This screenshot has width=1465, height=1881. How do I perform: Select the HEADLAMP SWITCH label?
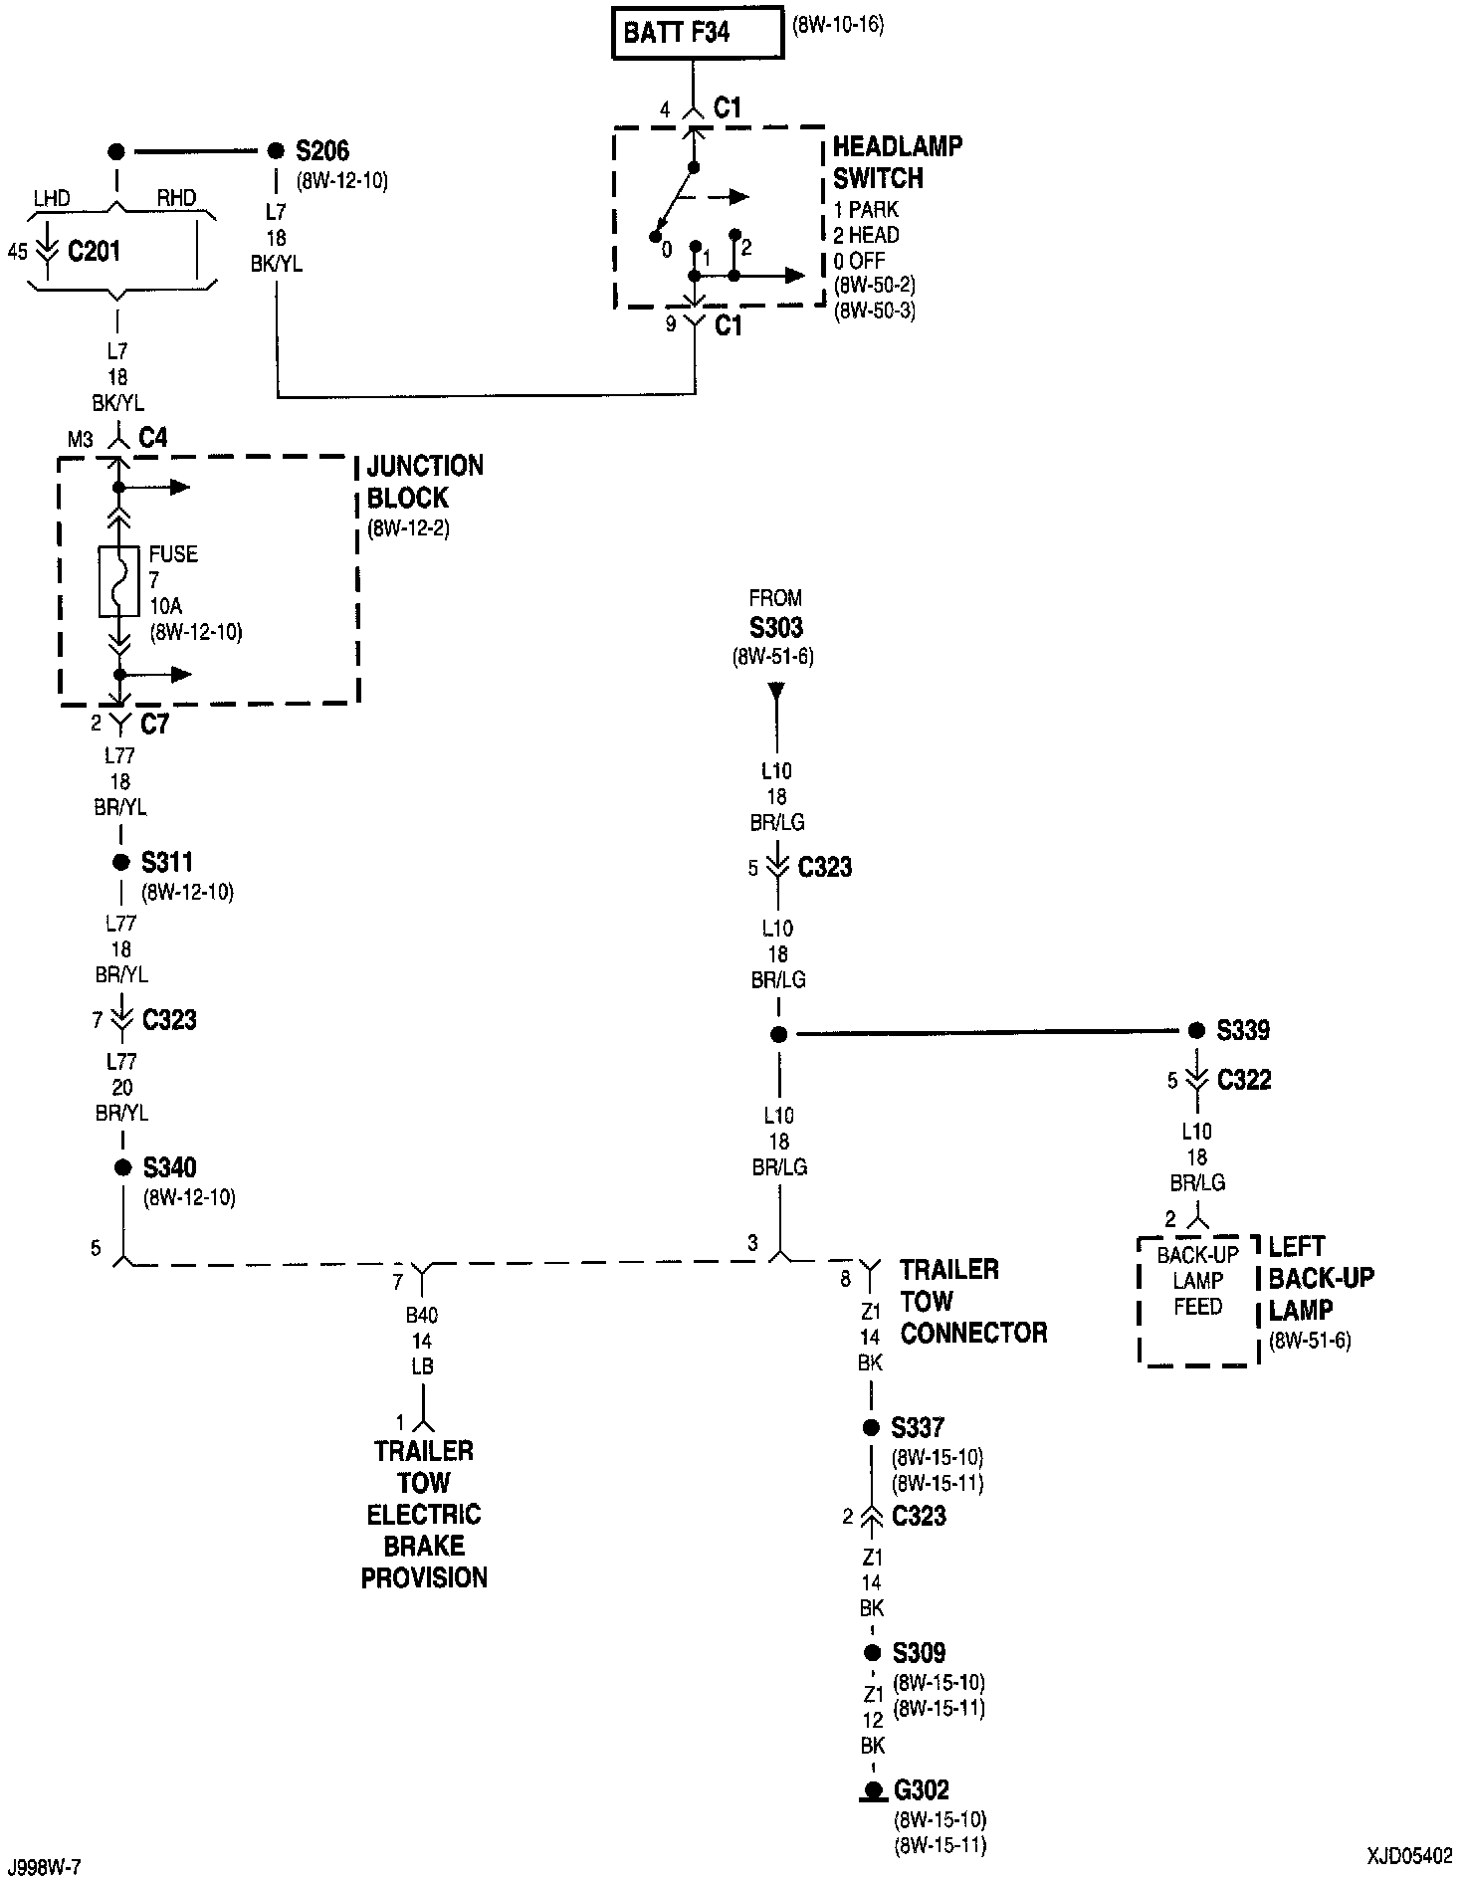click(897, 162)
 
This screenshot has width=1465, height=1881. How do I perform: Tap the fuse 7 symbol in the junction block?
click(118, 580)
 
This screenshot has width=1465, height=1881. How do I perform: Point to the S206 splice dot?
click(276, 151)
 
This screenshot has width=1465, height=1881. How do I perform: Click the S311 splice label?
click(167, 862)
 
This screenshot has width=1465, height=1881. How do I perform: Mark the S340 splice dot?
click(121, 1166)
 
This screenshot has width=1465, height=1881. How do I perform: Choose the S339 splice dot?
click(1196, 1031)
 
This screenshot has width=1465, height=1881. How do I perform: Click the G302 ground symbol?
click(873, 1792)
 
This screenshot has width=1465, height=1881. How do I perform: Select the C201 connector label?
click(94, 251)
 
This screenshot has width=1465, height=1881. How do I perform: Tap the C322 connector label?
click(1244, 1080)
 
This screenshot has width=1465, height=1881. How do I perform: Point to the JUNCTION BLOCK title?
click(425, 482)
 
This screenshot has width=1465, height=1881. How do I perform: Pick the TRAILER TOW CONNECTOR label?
click(973, 1301)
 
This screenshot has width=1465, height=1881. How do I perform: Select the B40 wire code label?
click(422, 1315)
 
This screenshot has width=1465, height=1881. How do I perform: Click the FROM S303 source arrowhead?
click(776, 691)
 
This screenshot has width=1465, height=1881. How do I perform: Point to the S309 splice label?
click(919, 1653)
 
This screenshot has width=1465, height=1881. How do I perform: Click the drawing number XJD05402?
click(1409, 1857)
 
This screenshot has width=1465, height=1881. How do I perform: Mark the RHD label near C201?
click(177, 198)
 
